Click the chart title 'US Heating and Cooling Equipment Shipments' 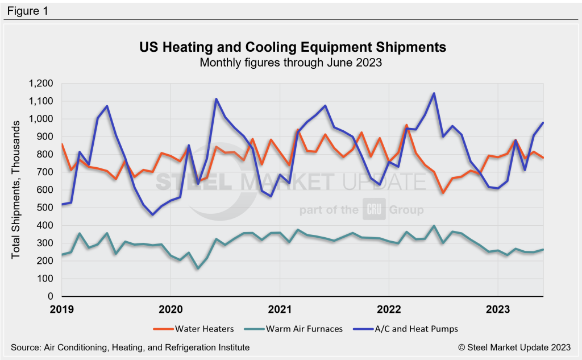293,47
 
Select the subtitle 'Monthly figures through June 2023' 290,63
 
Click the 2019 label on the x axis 62,309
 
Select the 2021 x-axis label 279,309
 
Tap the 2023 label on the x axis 497,309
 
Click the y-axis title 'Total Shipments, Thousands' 16,190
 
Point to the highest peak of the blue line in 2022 434,93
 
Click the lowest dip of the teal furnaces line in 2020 198,268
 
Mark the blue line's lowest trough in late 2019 153,214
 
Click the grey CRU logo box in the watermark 372,210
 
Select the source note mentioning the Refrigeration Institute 130,347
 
